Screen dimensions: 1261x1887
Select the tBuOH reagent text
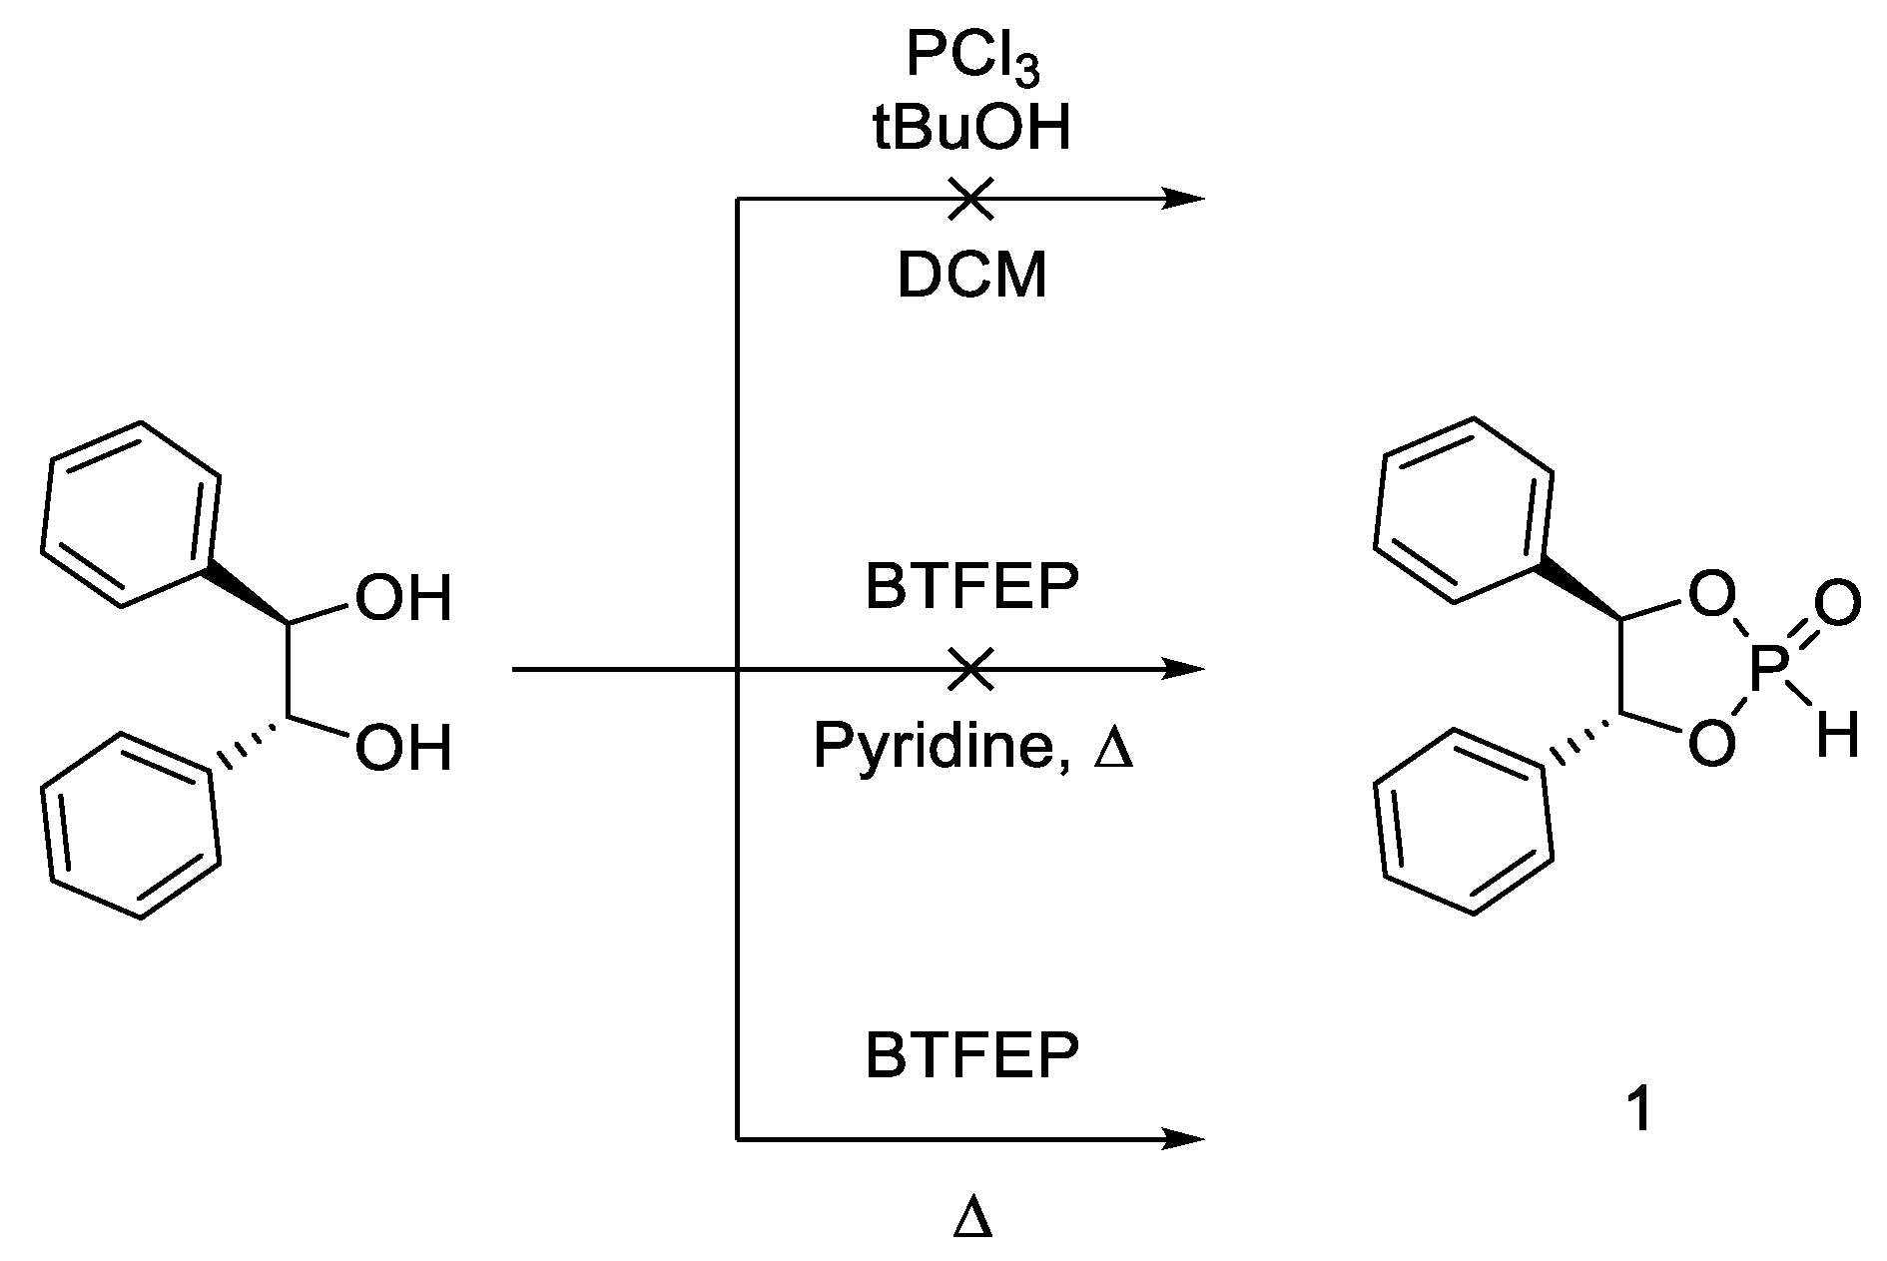pos(971,130)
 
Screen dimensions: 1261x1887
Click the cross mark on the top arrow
pos(970,199)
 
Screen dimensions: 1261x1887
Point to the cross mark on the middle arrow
pos(970,668)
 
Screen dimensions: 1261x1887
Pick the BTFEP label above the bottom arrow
pos(971,1057)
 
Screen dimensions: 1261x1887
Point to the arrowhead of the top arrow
pos(1186,199)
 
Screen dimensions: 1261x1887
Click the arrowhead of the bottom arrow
pos(1186,1137)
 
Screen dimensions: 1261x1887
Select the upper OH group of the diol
pos(403,600)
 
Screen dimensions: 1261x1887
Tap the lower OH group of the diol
pos(403,749)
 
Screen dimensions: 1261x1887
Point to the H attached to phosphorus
pos(1836,740)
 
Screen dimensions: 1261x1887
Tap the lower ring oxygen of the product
pos(1711,744)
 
